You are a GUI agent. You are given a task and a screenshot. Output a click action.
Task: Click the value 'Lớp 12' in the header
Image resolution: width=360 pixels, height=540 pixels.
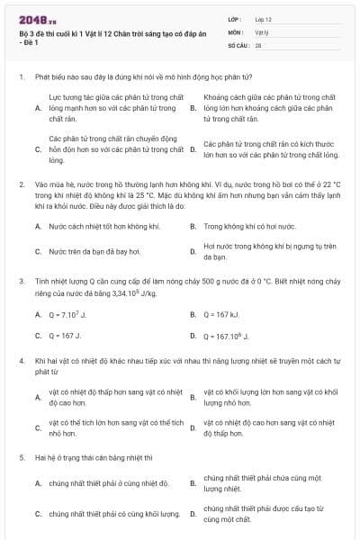264,18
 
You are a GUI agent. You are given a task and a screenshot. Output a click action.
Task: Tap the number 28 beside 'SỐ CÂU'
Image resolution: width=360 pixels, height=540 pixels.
258,43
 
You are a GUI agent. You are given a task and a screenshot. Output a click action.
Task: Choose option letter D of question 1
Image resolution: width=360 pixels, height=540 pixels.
193,149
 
